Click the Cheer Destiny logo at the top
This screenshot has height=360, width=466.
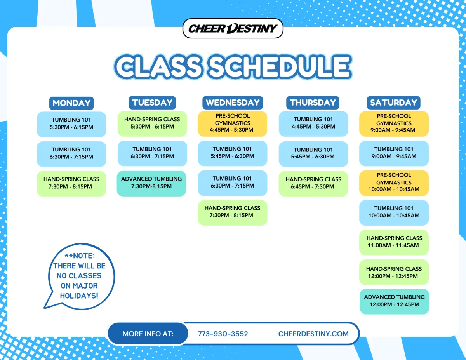click(x=233, y=28)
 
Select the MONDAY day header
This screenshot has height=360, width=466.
click(x=71, y=103)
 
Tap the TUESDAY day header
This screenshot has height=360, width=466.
click(x=152, y=103)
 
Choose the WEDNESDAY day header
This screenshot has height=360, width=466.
click(x=233, y=103)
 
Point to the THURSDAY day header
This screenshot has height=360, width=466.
click(x=313, y=103)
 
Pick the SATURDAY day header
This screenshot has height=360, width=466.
click(x=393, y=103)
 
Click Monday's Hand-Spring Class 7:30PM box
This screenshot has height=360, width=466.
click(x=71, y=184)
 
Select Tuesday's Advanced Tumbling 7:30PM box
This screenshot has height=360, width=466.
click(x=151, y=184)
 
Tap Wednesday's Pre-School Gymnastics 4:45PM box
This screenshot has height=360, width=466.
click(x=233, y=124)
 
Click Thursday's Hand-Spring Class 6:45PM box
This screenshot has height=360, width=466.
click(x=313, y=184)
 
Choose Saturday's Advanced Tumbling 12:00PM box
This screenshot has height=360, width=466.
click(x=395, y=301)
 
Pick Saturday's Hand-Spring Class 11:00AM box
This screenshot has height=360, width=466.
click(x=394, y=242)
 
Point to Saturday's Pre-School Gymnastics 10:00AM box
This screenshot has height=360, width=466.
click(x=394, y=183)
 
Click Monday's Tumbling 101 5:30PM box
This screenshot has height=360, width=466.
click(x=71, y=124)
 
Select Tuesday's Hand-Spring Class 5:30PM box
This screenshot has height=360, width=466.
click(x=152, y=124)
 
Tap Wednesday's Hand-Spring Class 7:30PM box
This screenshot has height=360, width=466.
click(x=233, y=213)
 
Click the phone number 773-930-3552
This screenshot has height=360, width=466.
click(x=223, y=334)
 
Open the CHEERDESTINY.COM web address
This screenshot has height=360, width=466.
click(x=313, y=334)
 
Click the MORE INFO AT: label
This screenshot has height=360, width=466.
click(x=148, y=334)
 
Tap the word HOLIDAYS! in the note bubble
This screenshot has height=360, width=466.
click(x=79, y=296)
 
